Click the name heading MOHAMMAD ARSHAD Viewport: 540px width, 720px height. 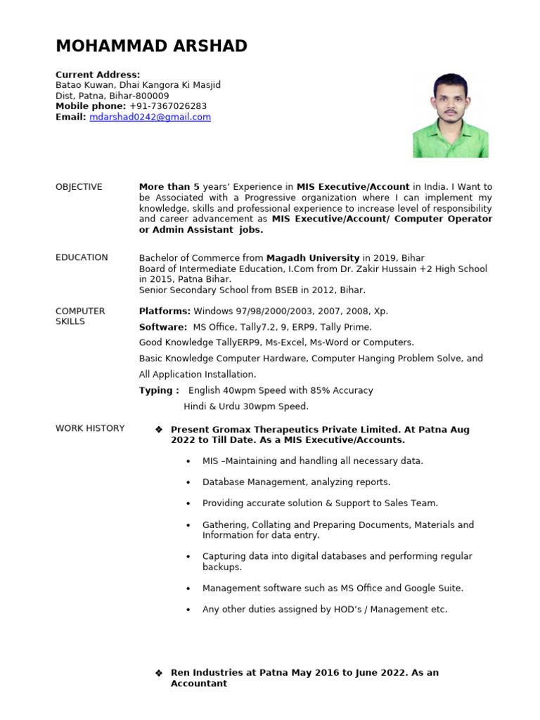(151, 46)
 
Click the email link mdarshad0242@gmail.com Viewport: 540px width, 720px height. (150, 117)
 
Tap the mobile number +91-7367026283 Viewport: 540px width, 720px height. (168, 106)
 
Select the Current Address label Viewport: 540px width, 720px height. (98, 75)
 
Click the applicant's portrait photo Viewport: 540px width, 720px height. (450, 115)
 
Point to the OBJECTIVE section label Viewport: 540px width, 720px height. (79, 187)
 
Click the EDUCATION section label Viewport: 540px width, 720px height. (82, 257)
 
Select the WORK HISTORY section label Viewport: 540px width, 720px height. (90, 428)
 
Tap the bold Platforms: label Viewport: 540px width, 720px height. (165, 311)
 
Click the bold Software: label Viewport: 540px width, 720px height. (163, 327)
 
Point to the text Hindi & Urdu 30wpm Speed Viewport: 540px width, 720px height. (245, 406)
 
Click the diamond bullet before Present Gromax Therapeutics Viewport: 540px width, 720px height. (158, 429)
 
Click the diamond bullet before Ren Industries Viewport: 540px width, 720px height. (158, 673)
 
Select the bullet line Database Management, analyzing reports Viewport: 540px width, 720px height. (296, 482)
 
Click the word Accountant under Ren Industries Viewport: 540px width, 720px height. (199, 683)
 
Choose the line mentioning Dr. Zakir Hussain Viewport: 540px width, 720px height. (313, 269)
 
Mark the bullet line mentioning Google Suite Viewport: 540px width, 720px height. (333, 588)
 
